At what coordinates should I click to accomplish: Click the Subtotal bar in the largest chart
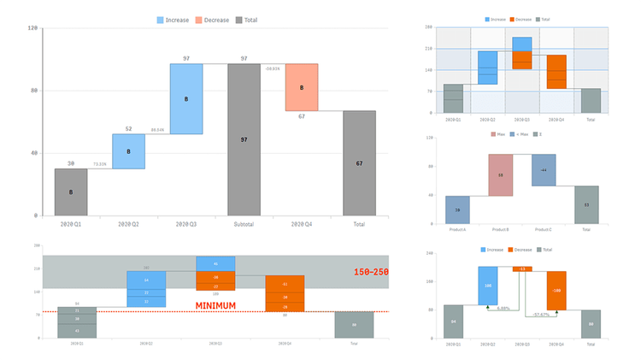[x=244, y=139]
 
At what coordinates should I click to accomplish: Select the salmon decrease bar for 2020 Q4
[x=302, y=87]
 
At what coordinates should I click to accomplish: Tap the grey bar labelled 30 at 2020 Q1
[x=71, y=192]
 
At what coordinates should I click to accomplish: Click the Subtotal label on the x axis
[x=244, y=224]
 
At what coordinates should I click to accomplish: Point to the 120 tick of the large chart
[x=32, y=28]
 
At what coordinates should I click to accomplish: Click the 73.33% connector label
[x=99, y=163]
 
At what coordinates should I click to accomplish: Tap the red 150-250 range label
[x=373, y=272]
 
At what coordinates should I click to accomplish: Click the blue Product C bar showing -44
[x=544, y=170]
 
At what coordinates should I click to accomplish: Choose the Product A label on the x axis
[x=457, y=229]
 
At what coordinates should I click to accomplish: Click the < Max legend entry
[x=517, y=134]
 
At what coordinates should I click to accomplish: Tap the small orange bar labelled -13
[x=523, y=269]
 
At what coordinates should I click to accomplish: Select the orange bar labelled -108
[x=556, y=291]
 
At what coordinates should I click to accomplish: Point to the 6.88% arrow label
[x=504, y=309]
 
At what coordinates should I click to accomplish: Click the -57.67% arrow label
[x=540, y=315]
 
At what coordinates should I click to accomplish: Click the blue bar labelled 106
[x=489, y=285]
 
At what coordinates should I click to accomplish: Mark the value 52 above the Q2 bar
[x=128, y=129]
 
